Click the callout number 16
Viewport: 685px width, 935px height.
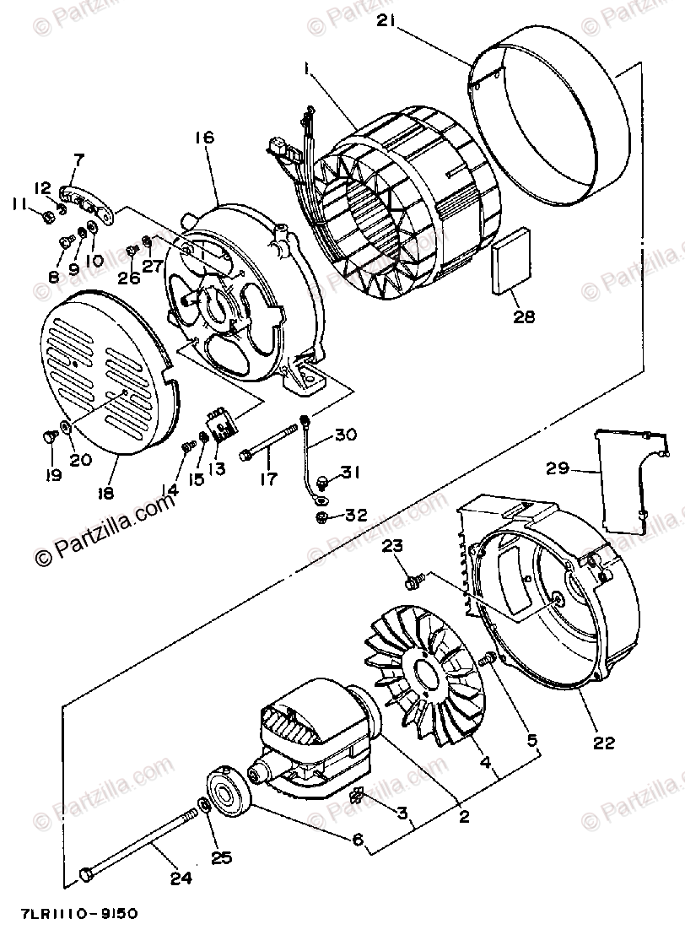(x=205, y=138)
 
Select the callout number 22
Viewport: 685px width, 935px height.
(x=603, y=743)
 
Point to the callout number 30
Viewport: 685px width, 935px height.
(x=345, y=435)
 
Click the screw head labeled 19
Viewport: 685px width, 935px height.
(x=49, y=436)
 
